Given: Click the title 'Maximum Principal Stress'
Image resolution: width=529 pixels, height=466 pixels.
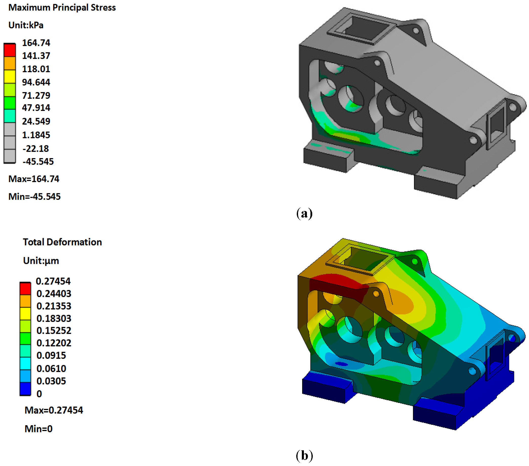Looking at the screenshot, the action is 62,8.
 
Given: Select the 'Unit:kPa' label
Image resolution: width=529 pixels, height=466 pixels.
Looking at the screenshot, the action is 26,25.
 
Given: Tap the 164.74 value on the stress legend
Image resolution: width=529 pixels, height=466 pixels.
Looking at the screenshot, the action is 36,43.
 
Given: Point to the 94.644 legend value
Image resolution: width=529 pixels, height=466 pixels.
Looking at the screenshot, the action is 36,82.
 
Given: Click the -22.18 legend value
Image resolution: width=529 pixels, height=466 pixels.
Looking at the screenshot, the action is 36,149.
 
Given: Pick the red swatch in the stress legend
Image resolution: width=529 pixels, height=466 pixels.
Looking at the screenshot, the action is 10,50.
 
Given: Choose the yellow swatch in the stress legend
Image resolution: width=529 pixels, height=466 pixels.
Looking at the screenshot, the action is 10,77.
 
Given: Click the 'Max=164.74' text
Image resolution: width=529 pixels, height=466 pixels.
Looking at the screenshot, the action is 34,179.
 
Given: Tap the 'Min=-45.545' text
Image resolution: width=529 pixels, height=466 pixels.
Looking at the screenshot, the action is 34,197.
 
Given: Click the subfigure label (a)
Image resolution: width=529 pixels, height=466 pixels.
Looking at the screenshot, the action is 304,213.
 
